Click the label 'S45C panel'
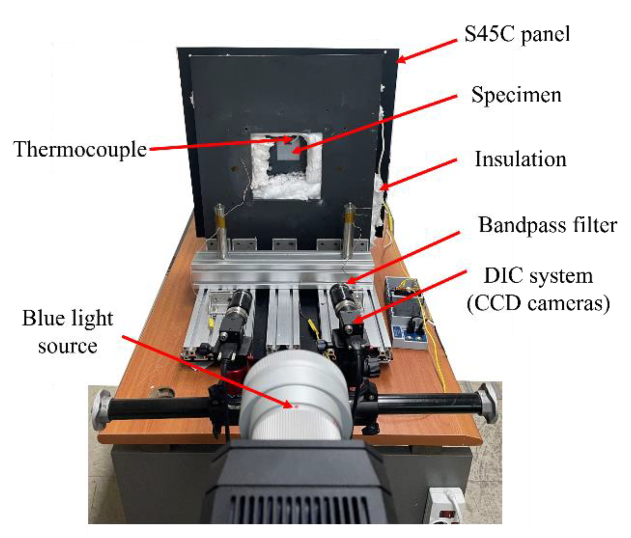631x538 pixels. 517,35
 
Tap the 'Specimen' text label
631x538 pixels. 516,95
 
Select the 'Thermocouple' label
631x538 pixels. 80,149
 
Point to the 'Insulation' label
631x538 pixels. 520,159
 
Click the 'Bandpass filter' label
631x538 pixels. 547,225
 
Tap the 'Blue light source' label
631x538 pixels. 68,331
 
